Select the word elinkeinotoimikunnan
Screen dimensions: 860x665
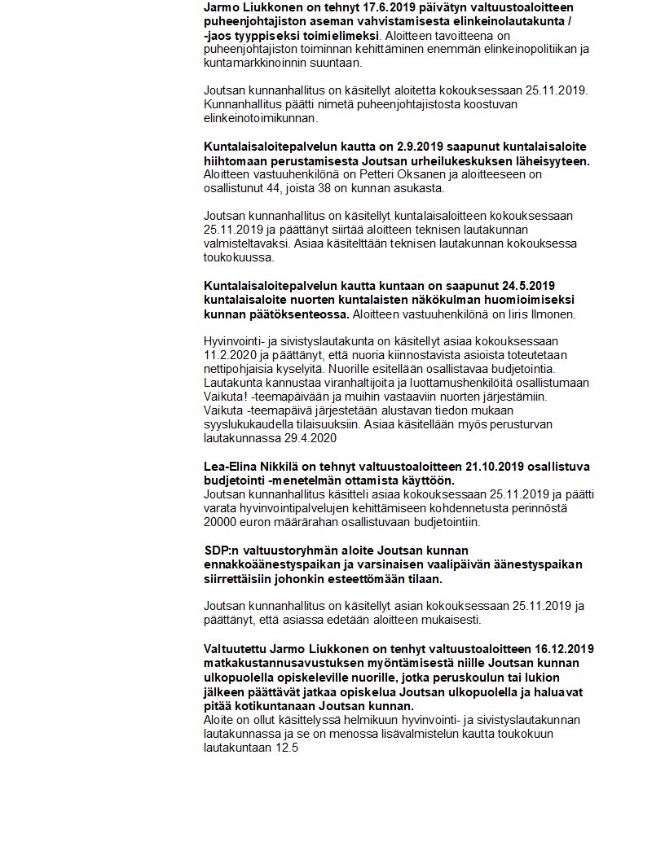260,118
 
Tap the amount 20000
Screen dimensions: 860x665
222,522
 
